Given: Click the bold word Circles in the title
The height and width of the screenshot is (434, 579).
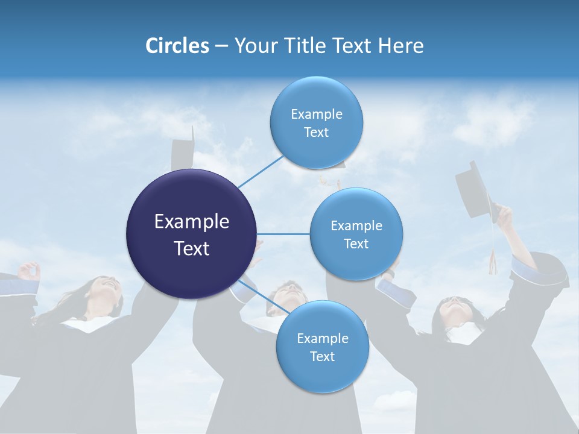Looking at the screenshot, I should point(177,46).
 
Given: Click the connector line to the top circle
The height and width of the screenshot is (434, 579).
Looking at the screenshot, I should point(261,172).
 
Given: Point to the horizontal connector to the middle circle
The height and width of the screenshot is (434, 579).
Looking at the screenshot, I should point(283,234).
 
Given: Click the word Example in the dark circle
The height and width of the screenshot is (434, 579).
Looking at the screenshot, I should point(192,222).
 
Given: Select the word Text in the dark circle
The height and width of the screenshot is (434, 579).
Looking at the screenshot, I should point(192,248).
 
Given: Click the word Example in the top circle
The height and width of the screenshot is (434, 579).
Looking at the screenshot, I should point(316,114).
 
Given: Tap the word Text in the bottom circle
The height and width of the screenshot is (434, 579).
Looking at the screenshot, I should point(322,356).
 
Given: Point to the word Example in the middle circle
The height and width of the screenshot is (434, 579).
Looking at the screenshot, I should point(356,225).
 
